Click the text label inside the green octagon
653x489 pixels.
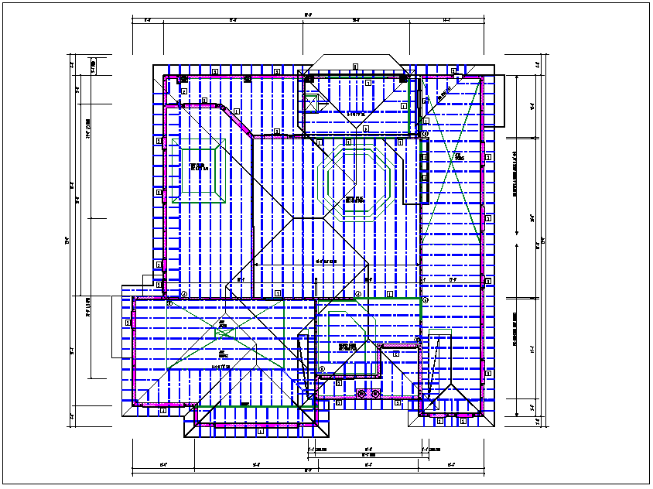pyautogui.click(x=355, y=200)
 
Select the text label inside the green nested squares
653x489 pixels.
pyautogui.click(x=198, y=167)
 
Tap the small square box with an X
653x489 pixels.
pyautogui.click(x=313, y=99)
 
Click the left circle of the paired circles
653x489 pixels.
pyautogui.click(x=361, y=394)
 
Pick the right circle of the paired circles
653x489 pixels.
pyautogui.click(x=375, y=394)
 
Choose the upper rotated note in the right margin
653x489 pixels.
pyautogui.click(x=516, y=175)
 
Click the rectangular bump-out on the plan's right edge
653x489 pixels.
pyautogui.click(x=495, y=101)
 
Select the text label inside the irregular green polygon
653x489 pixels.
pyautogui.click(x=345, y=347)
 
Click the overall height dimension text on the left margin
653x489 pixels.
pyautogui.click(x=67, y=240)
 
